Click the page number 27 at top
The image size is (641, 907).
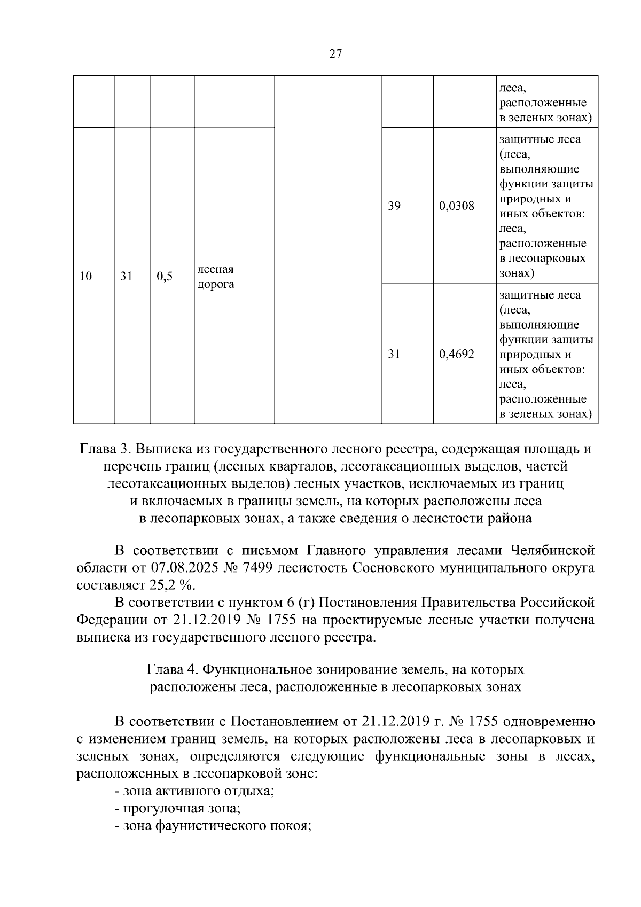tap(335, 53)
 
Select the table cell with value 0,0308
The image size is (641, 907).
tap(456, 206)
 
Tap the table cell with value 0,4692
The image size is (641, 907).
tap(456, 354)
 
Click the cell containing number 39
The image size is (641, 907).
tap(394, 206)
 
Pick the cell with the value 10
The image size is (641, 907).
tap(85, 276)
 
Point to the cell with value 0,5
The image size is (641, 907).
tap(165, 276)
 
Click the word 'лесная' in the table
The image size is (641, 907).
tap(215, 269)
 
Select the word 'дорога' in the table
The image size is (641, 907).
tap(216, 284)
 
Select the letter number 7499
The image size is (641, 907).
tap(259, 568)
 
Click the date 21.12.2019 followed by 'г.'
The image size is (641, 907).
tap(396, 722)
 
